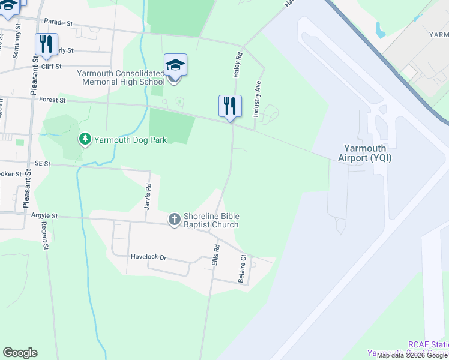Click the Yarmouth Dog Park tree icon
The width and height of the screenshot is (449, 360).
pyautogui.click(x=85, y=139)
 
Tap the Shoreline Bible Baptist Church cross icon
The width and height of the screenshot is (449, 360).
pyautogui.click(x=174, y=220)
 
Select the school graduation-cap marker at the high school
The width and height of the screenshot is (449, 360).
pyautogui.click(x=175, y=65)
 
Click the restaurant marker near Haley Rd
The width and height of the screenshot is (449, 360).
pyautogui.click(x=230, y=106)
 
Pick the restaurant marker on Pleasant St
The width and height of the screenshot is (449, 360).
pyautogui.click(x=46, y=44)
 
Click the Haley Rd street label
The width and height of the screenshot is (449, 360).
pyautogui.click(x=237, y=64)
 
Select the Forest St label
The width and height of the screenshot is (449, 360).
pyautogui.click(x=52, y=101)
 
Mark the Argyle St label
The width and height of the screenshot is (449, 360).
pyautogui.click(x=46, y=215)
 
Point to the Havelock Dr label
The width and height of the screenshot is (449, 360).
pyautogui.click(x=148, y=257)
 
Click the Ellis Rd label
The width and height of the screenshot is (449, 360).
pyautogui.click(x=216, y=256)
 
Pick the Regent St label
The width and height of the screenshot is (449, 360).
pyautogui.click(x=44, y=235)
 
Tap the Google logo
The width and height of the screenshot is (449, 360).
pyautogui.click(x=20, y=353)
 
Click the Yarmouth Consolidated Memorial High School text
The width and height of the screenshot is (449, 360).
pyautogui.click(x=121, y=77)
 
